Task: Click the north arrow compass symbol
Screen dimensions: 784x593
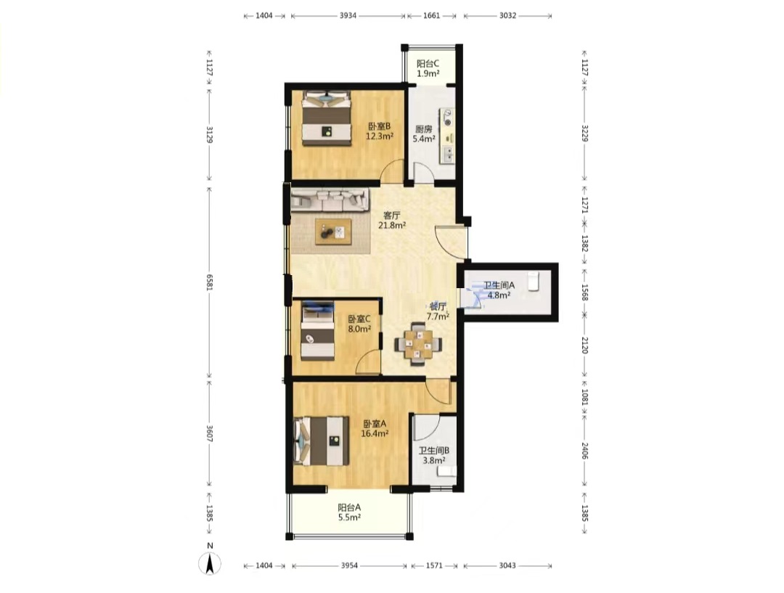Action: pyautogui.click(x=210, y=563)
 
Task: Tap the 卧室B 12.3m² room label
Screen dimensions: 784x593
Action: pyautogui.click(x=379, y=131)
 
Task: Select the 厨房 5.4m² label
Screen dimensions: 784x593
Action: pyautogui.click(x=423, y=134)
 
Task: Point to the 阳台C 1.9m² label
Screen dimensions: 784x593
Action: pyautogui.click(x=428, y=68)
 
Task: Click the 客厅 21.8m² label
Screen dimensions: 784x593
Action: pyautogui.click(x=391, y=220)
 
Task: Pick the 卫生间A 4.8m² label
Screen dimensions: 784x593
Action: pyautogui.click(x=499, y=290)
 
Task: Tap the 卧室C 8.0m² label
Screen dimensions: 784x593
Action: pyautogui.click(x=359, y=324)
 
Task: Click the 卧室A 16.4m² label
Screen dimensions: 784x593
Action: pyautogui.click(x=375, y=428)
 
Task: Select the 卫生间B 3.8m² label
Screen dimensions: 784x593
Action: pyautogui.click(x=434, y=455)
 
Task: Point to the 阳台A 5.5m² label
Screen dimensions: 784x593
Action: pyautogui.click(x=349, y=512)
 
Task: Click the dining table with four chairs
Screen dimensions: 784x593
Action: pyautogui.click(x=419, y=344)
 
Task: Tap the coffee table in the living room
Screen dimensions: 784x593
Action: pyautogui.click(x=333, y=232)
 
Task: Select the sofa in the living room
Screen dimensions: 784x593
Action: pyautogui.click(x=330, y=200)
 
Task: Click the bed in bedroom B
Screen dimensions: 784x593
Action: pyautogui.click(x=326, y=118)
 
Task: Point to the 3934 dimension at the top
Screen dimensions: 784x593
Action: pyautogui.click(x=348, y=15)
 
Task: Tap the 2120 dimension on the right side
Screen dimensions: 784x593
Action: pyautogui.click(x=584, y=345)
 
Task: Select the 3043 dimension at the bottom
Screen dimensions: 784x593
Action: pyautogui.click(x=507, y=565)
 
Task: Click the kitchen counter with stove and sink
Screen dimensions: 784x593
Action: pyautogui.click(x=447, y=136)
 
